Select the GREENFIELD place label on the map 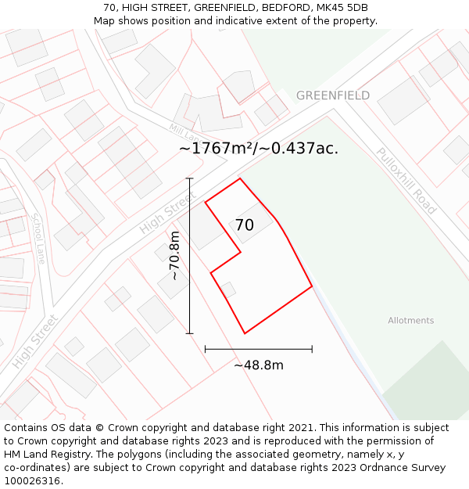(333, 95)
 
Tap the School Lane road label (38, 238)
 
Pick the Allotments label (410, 321)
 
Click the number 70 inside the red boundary (244, 225)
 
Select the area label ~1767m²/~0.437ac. (259, 148)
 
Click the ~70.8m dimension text (174, 255)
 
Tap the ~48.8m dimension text (258, 365)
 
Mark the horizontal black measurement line (258, 349)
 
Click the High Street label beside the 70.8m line (166, 214)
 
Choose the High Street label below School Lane (35, 342)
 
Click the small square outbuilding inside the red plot (227, 289)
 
